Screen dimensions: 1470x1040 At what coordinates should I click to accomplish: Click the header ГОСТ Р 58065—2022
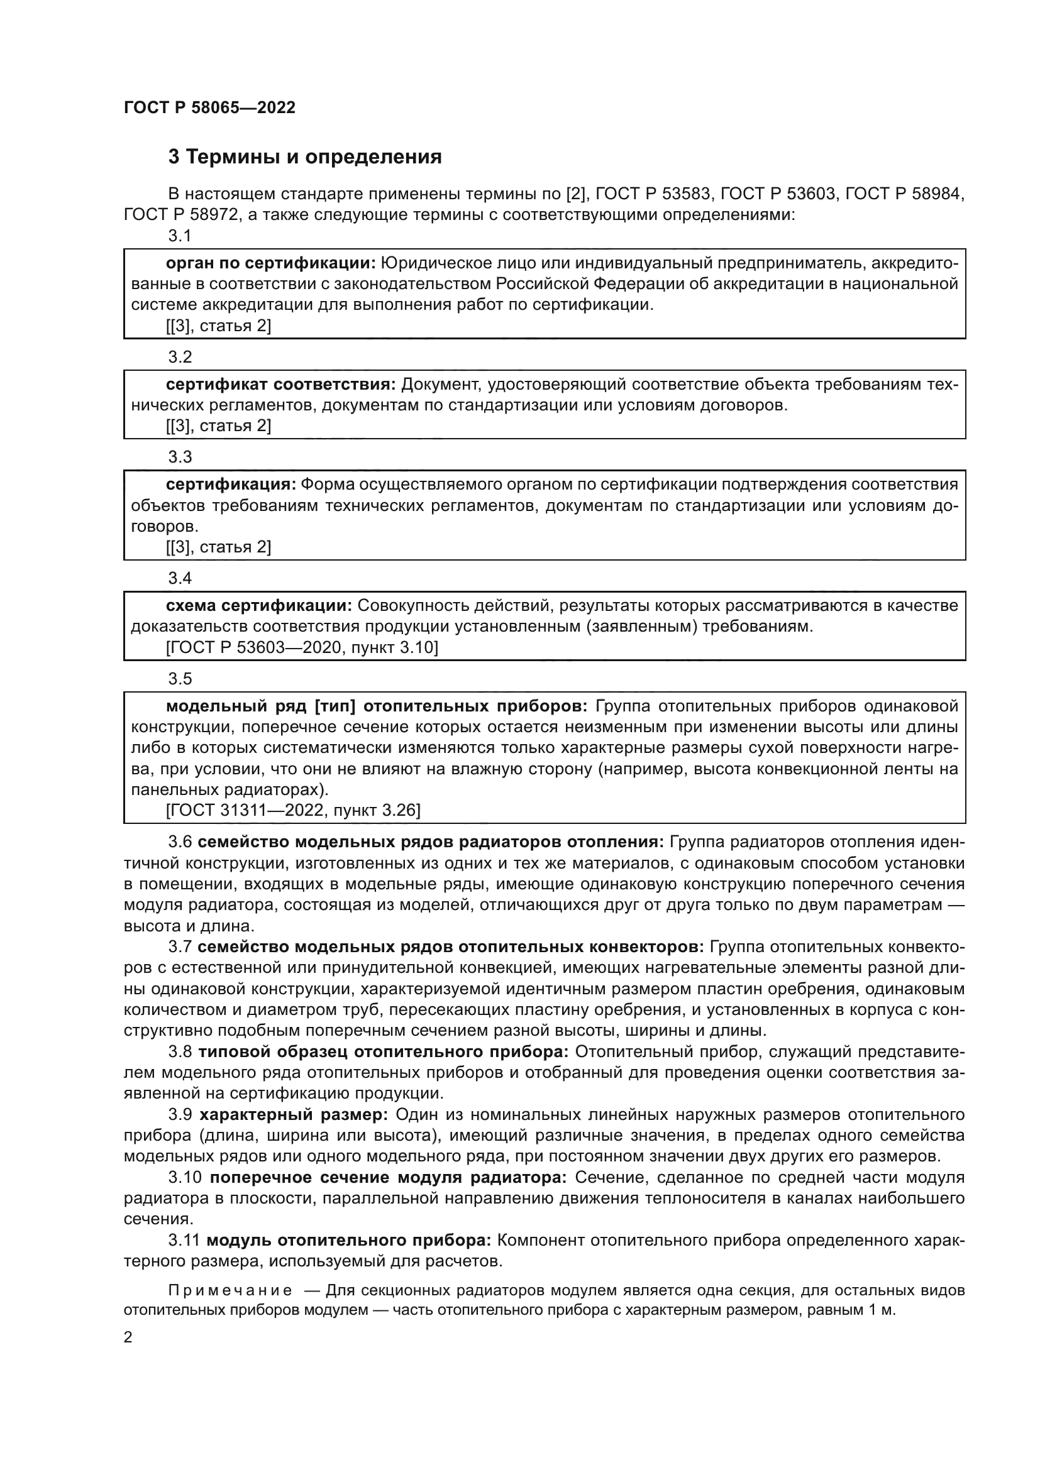pyautogui.click(x=209, y=107)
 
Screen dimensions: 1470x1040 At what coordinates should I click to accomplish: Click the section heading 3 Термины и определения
pyautogui.click(x=305, y=156)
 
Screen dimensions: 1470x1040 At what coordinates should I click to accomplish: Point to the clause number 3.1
pyautogui.click(x=180, y=236)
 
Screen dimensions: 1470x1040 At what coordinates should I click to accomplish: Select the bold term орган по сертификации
pyautogui.click(x=270, y=263)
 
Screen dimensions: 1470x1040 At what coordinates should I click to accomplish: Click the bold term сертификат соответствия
pyautogui.click(x=280, y=384)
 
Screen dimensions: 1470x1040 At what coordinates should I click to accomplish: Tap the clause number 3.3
pyautogui.click(x=180, y=456)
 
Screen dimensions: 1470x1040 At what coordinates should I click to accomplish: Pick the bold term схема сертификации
pyautogui.click(x=258, y=605)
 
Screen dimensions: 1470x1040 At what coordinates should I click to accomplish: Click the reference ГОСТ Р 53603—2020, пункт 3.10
pyautogui.click(x=302, y=647)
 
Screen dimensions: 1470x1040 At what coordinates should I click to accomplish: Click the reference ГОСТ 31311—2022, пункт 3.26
pyautogui.click(x=292, y=811)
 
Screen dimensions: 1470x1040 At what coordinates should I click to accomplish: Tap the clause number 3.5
pyautogui.click(x=180, y=678)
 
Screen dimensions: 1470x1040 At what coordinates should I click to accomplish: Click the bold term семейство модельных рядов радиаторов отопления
pyautogui.click(x=431, y=842)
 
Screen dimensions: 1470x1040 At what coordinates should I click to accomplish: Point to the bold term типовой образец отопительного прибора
pyautogui.click(x=384, y=1052)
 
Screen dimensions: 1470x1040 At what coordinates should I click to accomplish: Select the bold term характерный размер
pyautogui.click(x=293, y=1115)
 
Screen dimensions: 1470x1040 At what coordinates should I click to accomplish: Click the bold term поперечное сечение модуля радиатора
pyautogui.click(x=388, y=1177)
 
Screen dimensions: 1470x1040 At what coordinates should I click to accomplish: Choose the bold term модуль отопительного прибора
pyautogui.click(x=348, y=1240)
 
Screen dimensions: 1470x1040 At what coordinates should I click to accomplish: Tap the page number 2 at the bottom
pyautogui.click(x=128, y=1337)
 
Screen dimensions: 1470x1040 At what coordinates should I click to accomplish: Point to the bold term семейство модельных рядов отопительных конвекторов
pyautogui.click(x=451, y=947)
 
